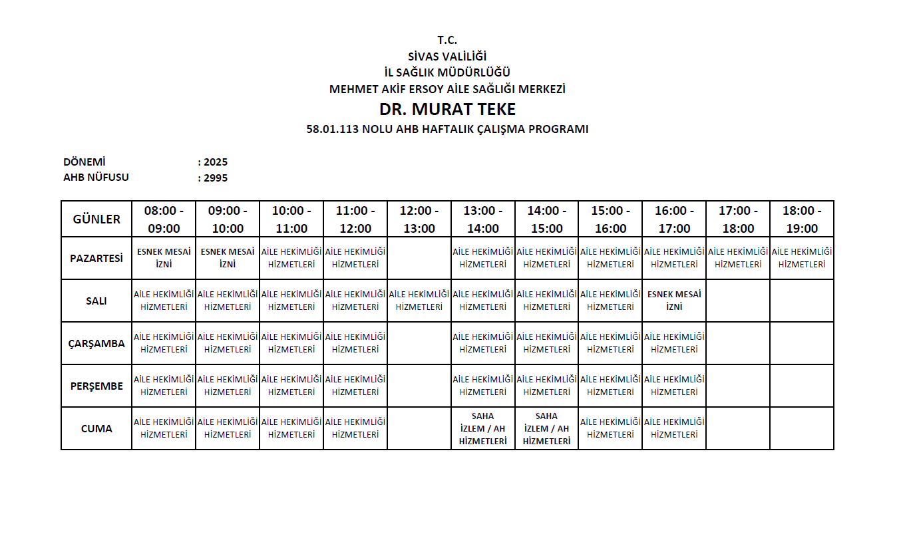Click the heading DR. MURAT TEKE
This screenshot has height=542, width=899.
tap(447, 109)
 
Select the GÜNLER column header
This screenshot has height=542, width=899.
tap(96, 219)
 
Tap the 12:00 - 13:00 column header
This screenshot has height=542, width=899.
tap(419, 219)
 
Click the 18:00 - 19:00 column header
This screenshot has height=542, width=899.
tap(802, 219)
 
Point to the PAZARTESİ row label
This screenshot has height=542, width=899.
tap(96, 258)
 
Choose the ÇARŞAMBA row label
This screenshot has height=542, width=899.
tap(96, 344)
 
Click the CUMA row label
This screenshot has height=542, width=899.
tap(96, 429)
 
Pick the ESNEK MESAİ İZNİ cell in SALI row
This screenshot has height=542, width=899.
tap(674, 301)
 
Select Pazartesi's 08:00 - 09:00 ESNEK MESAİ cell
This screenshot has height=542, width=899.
tap(164, 258)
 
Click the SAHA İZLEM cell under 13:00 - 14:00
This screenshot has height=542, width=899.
tap(482, 429)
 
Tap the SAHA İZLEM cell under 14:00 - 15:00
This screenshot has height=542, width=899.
tap(546, 429)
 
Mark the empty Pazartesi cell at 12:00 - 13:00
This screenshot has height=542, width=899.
tap(419, 258)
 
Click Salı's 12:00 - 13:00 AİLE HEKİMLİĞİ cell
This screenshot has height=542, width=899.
tap(419, 301)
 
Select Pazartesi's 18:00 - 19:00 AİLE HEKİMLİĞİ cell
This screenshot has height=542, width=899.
tap(802, 258)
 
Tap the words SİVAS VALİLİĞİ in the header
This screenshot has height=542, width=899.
tap(447, 57)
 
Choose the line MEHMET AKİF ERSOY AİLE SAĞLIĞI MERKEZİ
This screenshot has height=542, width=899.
tap(447, 89)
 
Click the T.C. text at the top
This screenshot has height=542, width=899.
tap(447, 40)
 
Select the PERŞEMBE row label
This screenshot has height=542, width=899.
tap(96, 386)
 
